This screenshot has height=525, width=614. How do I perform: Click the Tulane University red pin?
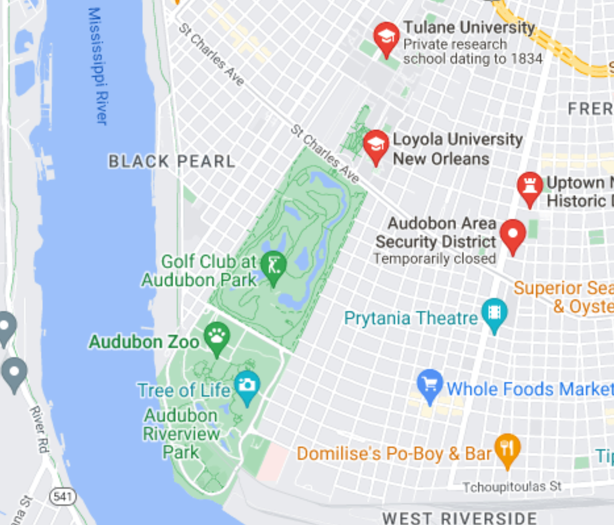coord(386,37)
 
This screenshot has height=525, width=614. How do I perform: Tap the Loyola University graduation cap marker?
coord(376,145)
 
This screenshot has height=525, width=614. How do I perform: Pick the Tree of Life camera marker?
coord(247,385)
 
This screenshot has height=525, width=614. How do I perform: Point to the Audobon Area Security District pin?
coord(513,234)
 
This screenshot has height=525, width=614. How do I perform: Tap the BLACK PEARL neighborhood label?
coord(172,162)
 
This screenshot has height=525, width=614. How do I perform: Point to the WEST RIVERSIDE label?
coord(459,518)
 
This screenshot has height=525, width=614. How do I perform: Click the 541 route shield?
coord(63,497)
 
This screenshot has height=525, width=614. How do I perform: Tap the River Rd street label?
coord(39,429)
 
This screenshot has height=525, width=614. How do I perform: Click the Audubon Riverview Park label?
coord(181,434)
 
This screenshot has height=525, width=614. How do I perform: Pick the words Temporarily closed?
coord(434,259)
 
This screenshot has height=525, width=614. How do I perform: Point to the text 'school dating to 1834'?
coord(472,59)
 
